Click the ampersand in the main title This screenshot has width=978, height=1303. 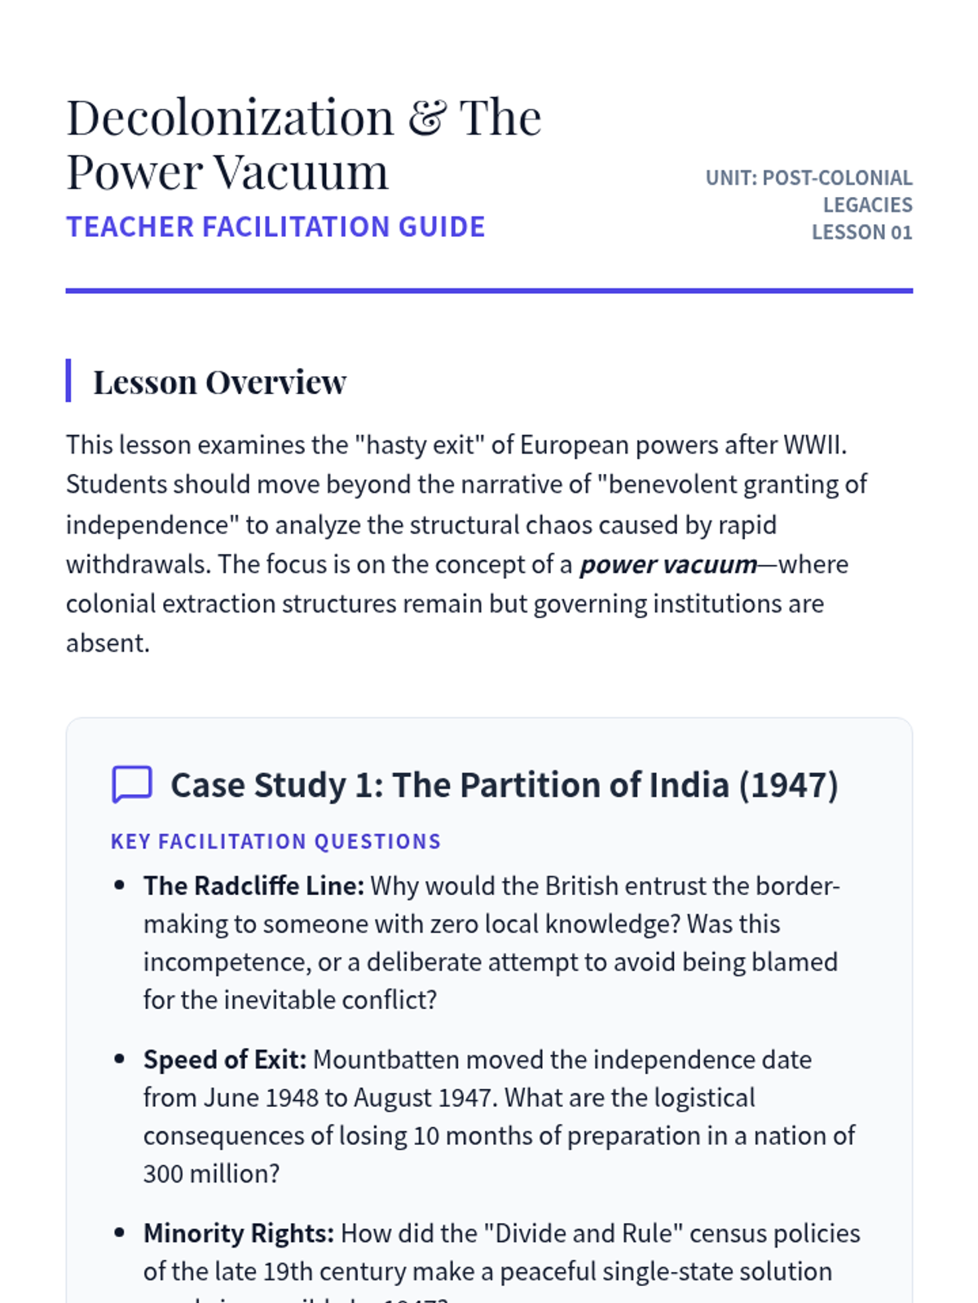coord(427,118)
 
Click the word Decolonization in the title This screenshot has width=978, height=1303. coord(230,118)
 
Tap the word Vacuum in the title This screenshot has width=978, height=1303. coord(302,173)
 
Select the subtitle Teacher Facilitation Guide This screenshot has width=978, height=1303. coord(275,227)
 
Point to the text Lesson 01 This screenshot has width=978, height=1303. coord(861,233)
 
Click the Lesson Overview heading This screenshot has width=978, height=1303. coord(219,382)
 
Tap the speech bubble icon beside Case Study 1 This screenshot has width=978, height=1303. coord(131,784)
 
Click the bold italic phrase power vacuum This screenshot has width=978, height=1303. coord(668,564)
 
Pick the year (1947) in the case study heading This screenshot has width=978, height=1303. coord(788,785)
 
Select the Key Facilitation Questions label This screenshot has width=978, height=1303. coord(275,841)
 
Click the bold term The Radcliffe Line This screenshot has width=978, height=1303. coord(253,886)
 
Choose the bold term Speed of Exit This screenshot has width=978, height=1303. coord(225,1060)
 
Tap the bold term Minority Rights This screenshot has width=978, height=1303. coord(239,1233)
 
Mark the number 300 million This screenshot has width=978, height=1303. coord(211,1174)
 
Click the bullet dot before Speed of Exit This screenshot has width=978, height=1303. coord(120,1060)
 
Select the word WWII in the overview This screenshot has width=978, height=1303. coord(814,445)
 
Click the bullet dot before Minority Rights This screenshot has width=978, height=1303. coord(120,1233)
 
